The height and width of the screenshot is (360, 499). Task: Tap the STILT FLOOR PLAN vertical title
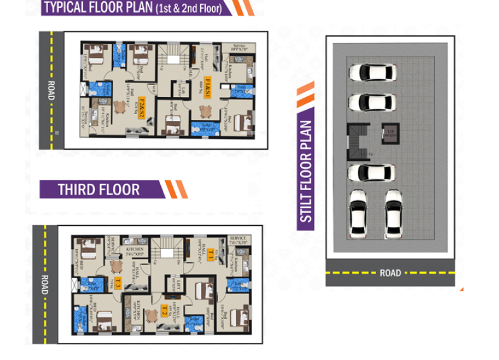(307, 171)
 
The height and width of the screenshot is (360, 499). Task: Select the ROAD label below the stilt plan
(390, 273)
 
